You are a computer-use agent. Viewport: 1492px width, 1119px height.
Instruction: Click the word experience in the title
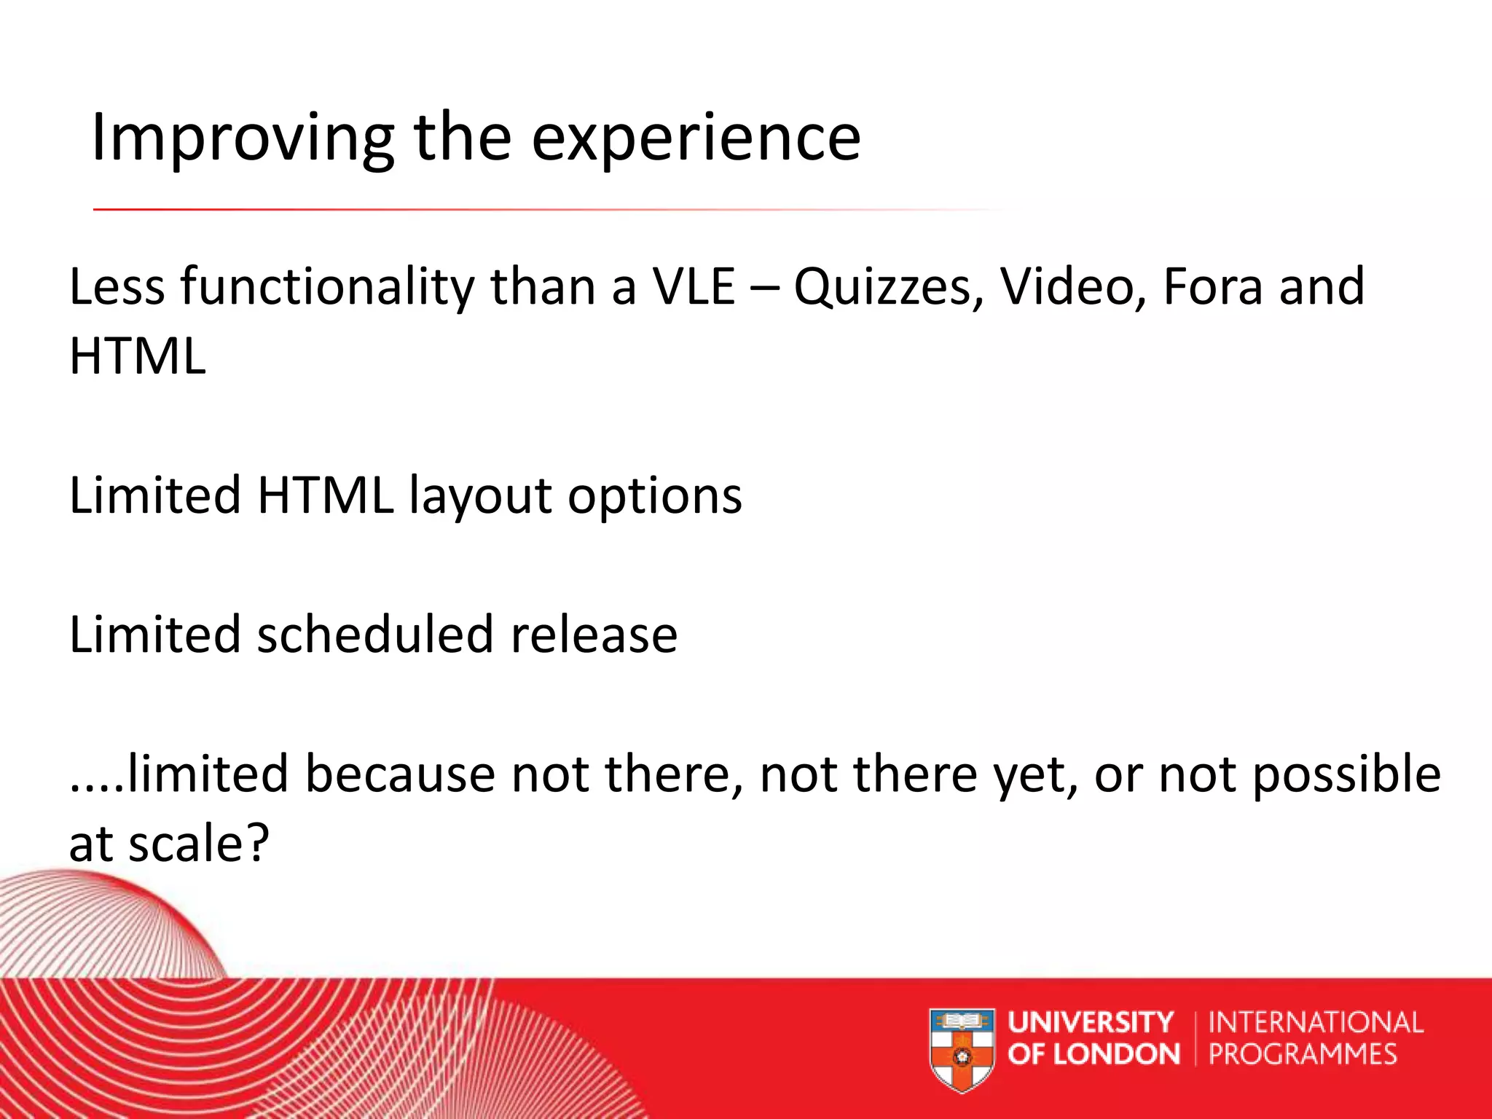click(696, 138)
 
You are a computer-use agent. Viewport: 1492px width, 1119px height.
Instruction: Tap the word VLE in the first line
click(693, 286)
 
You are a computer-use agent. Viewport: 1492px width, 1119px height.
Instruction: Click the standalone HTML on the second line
click(138, 356)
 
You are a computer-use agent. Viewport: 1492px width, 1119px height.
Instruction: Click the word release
click(594, 635)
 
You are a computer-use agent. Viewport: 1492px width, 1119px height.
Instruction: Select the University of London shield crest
click(962, 1048)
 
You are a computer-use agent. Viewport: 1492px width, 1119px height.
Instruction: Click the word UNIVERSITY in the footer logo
click(1091, 1022)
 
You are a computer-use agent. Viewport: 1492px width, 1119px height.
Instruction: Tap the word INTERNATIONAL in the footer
click(1316, 1022)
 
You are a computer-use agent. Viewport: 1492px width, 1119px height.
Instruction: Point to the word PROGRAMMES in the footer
click(1303, 1054)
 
